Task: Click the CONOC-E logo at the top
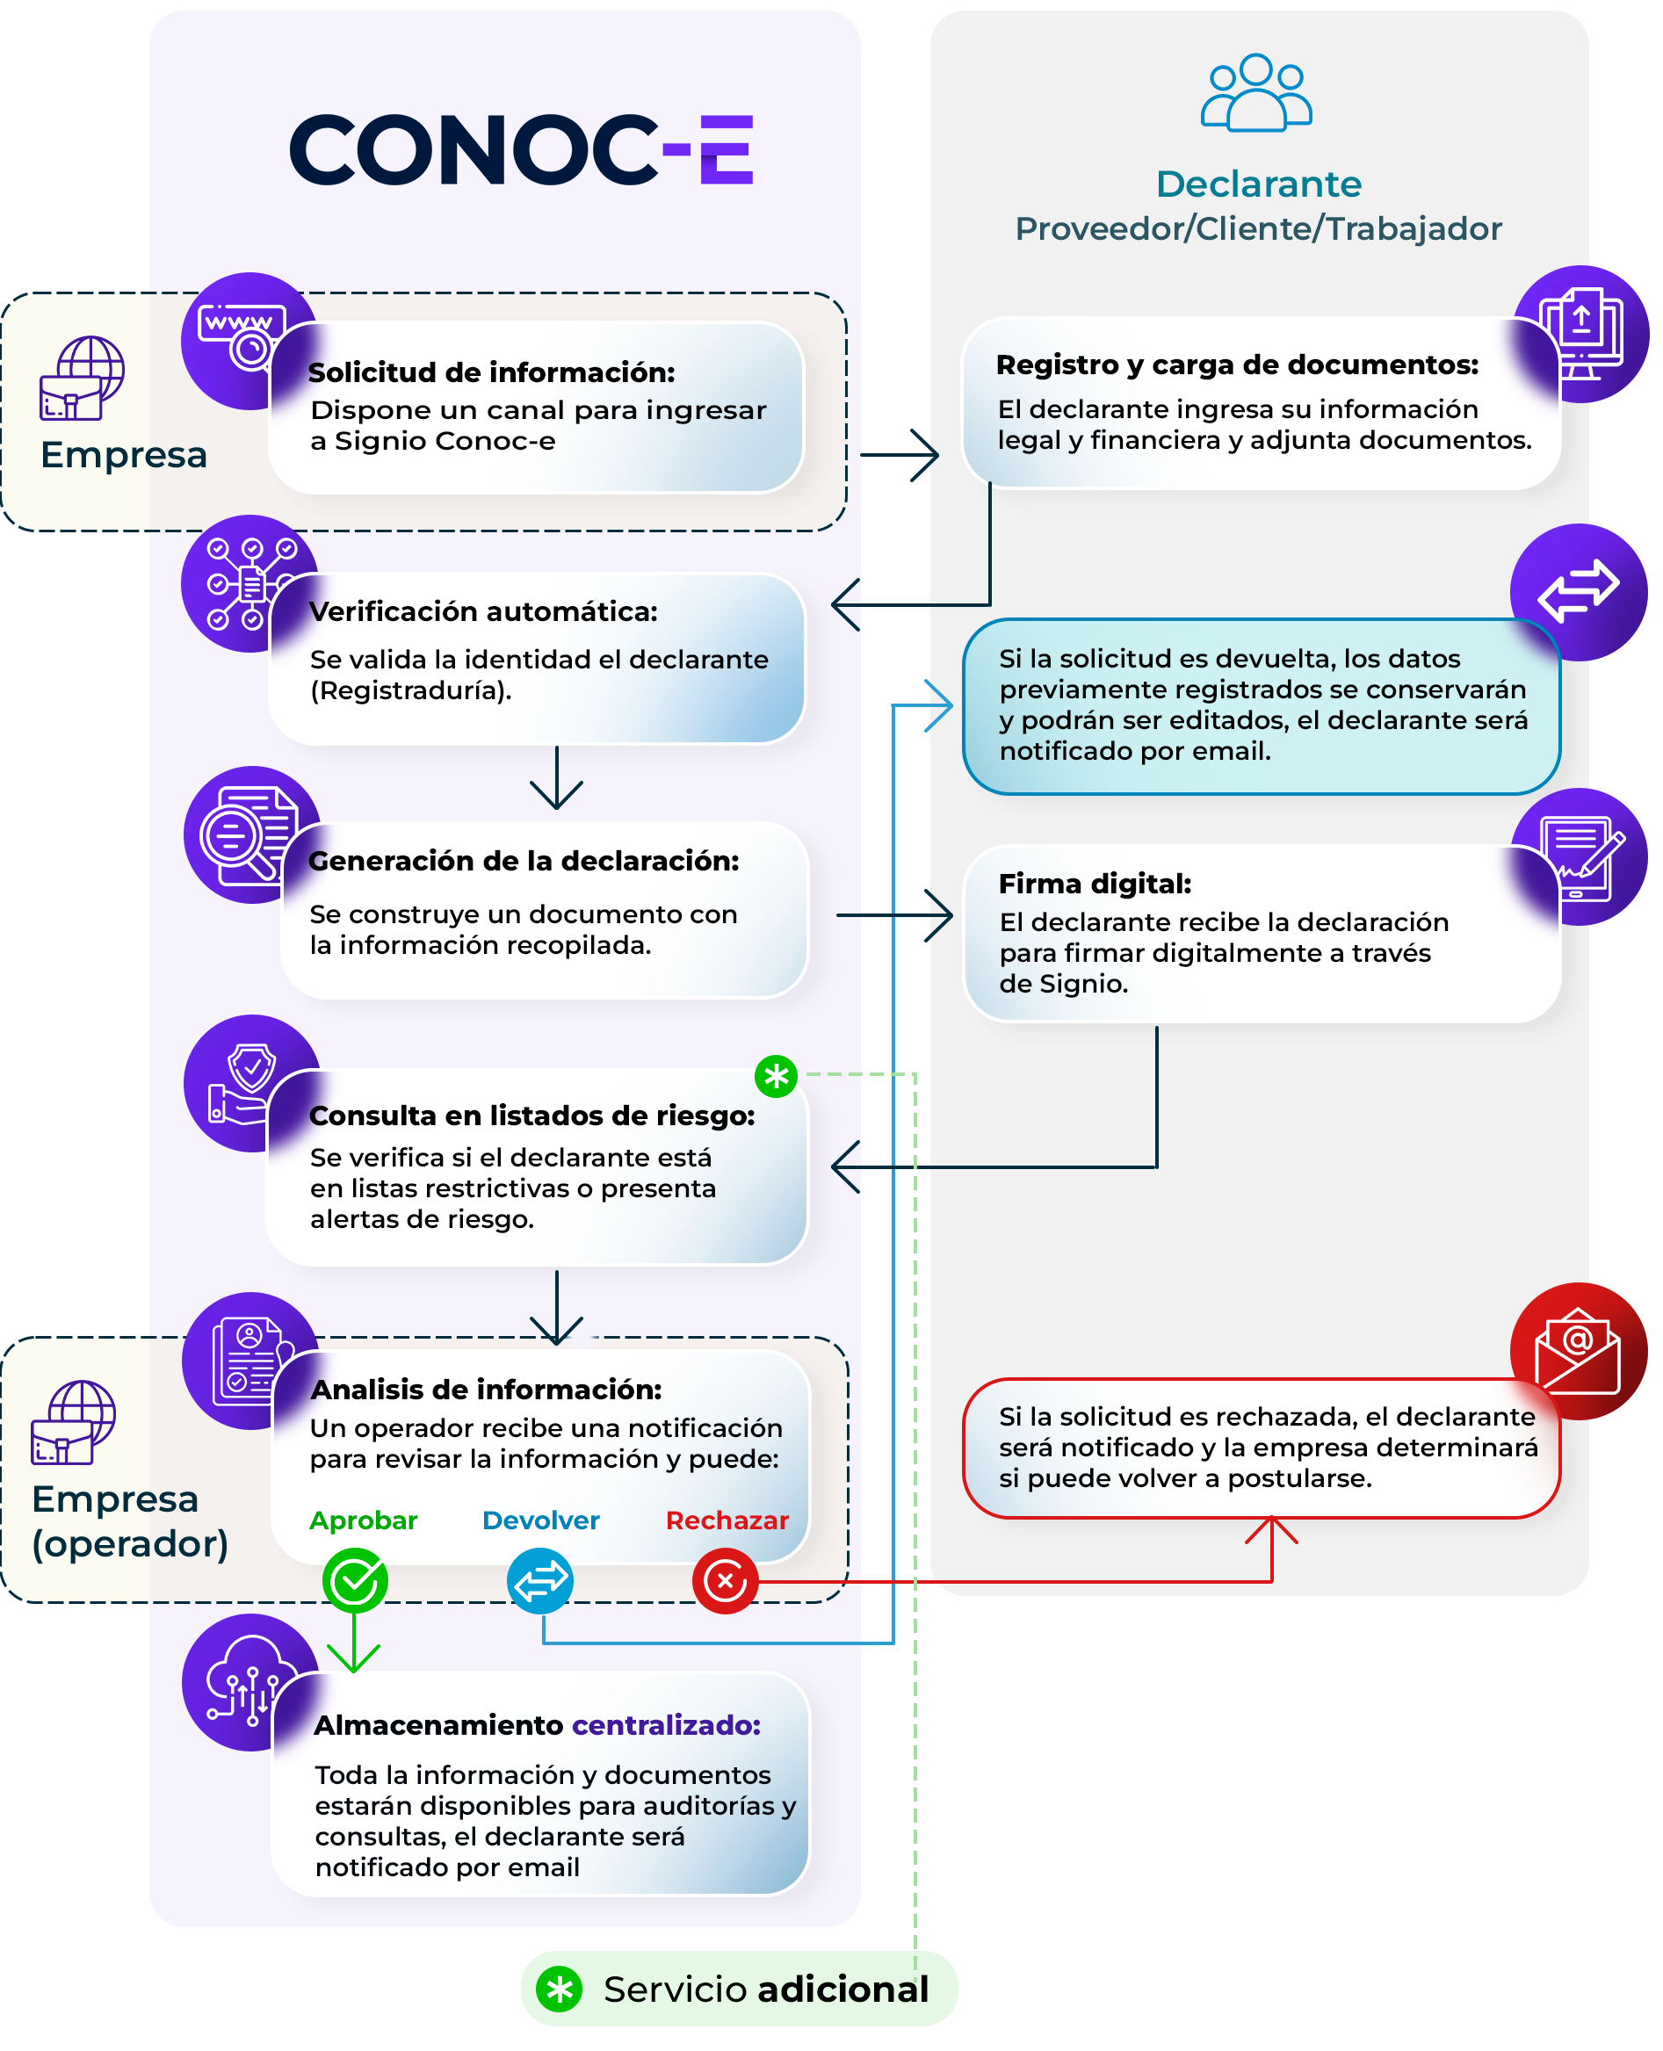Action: (x=521, y=149)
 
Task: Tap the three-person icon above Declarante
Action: (x=1256, y=92)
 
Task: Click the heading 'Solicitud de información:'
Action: (x=491, y=372)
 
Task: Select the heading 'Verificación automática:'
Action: (x=483, y=611)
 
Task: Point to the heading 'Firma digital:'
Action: (x=1095, y=884)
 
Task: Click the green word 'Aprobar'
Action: (x=363, y=1520)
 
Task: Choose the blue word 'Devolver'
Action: (x=540, y=1520)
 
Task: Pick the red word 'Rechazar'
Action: (x=727, y=1520)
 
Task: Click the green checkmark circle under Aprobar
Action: (x=354, y=1581)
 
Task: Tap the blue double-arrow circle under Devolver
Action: (x=540, y=1581)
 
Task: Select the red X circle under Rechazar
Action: (x=725, y=1581)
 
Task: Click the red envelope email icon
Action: (x=1578, y=1351)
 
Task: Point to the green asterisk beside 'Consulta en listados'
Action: (x=776, y=1076)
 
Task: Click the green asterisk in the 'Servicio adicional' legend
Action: (x=560, y=1990)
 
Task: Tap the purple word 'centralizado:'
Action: (x=666, y=1724)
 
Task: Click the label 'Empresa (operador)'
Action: (x=130, y=1521)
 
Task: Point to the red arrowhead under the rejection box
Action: (x=1271, y=1530)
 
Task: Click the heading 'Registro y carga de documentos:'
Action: (x=1237, y=365)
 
